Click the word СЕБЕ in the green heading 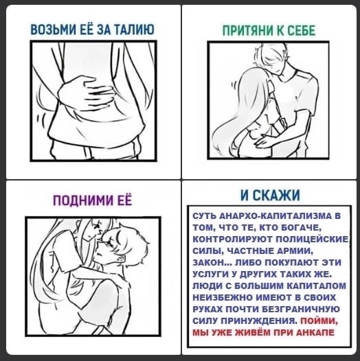point(302,30)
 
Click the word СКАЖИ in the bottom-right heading point(276,195)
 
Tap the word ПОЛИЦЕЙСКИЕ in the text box point(313,240)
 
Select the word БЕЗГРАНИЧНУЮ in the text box point(302,309)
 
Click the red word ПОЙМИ point(319,321)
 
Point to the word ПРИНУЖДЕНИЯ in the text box point(259,321)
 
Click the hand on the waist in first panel point(85,93)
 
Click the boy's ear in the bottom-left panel point(121,258)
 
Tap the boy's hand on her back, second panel point(265,141)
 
